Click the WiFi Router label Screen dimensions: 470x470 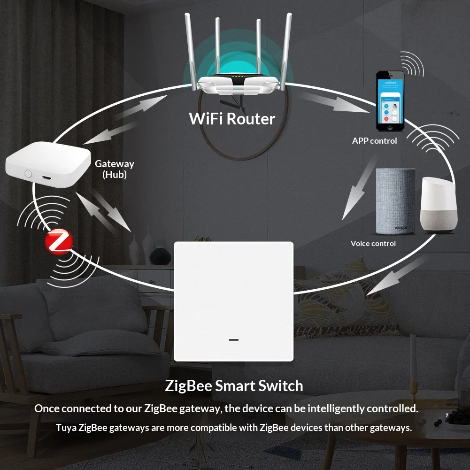(x=231, y=119)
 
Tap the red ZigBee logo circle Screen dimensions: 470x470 (x=59, y=242)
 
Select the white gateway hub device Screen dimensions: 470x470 (x=48, y=164)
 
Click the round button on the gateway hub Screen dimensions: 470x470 (x=28, y=173)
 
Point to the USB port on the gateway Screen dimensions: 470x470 (x=46, y=178)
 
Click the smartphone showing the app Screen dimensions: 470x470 (x=390, y=101)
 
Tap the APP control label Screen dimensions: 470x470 (x=374, y=141)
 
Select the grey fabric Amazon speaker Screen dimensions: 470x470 (x=395, y=201)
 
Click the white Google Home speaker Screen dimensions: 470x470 (x=439, y=204)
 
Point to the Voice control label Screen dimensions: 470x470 (x=373, y=243)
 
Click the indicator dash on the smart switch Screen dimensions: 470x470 (x=233, y=340)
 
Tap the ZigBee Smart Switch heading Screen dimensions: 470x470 (x=234, y=386)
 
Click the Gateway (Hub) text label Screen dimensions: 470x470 (x=115, y=169)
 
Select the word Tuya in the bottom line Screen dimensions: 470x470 (x=66, y=428)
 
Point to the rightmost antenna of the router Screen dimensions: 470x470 (x=286, y=51)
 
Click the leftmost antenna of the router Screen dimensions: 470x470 (x=191, y=52)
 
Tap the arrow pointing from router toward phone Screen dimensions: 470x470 (x=335, y=102)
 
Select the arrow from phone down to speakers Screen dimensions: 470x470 (x=359, y=188)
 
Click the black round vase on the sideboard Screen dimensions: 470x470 (x=161, y=256)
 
